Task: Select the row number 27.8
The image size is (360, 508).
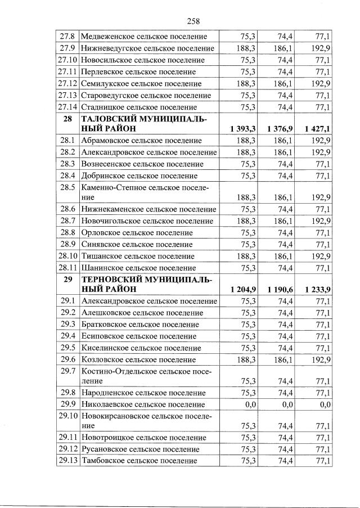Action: pyautogui.click(x=67, y=37)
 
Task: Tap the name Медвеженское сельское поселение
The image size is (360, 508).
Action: pyautogui.click(x=143, y=37)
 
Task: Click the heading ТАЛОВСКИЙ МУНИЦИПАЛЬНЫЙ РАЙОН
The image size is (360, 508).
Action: pyautogui.click(x=144, y=124)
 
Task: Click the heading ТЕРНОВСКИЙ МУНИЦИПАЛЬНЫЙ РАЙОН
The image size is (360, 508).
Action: pyautogui.click(x=144, y=284)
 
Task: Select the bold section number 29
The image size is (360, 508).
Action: pyautogui.click(x=67, y=279)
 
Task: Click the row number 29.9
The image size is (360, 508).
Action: pyautogui.click(x=67, y=404)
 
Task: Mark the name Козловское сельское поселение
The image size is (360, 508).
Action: pyautogui.click(x=138, y=359)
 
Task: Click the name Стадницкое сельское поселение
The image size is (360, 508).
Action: pyautogui.click(x=139, y=107)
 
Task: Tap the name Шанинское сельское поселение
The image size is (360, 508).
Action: pyautogui.click(x=138, y=268)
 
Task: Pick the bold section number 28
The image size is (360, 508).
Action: pyautogui.click(x=67, y=119)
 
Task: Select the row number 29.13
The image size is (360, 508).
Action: pyautogui.click(x=67, y=461)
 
